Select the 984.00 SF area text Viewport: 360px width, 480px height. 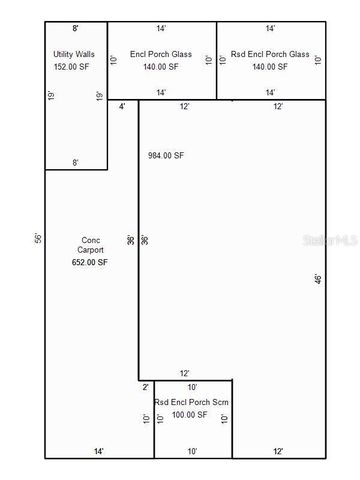coord(165,156)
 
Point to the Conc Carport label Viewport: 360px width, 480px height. coord(90,245)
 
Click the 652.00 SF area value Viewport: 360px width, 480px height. coord(90,262)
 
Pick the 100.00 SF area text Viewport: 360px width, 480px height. coord(189,414)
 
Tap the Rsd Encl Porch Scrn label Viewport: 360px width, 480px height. coord(192,402)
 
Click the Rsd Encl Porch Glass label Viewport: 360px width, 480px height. coord(270,52)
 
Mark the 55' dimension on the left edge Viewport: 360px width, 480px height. coord(37,239)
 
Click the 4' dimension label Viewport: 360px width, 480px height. coord(122,106)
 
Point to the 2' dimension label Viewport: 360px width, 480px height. coord(145,386)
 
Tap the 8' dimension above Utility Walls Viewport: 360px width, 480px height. coord(76,31)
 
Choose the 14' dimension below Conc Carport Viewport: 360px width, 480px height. coord(98,452)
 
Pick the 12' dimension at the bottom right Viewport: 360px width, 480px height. coord(277,452)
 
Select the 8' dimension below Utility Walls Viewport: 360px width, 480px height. coord(76,162)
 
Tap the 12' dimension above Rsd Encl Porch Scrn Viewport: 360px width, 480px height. coord(185,373)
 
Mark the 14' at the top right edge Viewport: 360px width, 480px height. coord(270,31)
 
